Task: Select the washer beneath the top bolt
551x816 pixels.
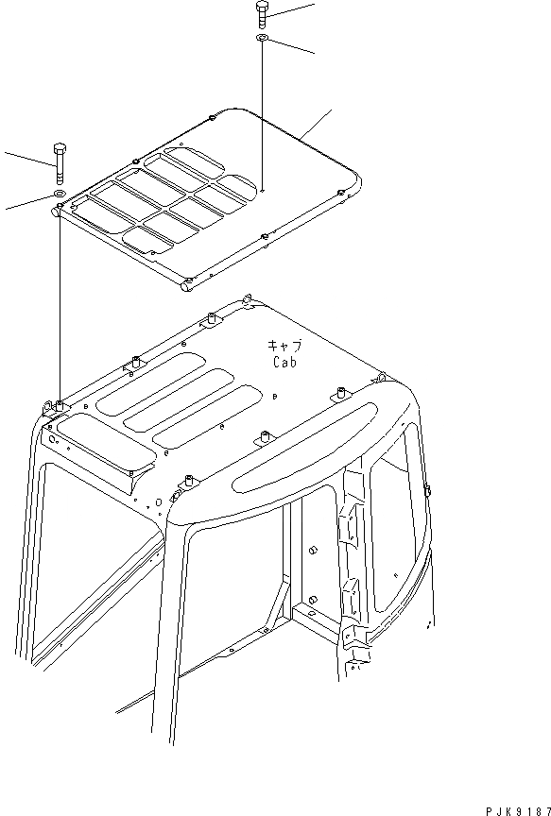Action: [261, 39]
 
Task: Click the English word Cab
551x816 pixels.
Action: [285, 362]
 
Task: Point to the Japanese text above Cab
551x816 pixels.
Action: [285, 346]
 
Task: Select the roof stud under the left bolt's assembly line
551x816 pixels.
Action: [59, 406]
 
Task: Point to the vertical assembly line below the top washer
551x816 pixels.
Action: [261, 113]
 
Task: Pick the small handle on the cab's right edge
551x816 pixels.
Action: [426, 489]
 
